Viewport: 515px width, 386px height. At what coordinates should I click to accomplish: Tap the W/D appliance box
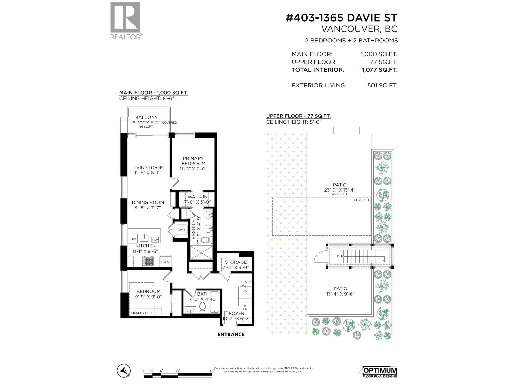click(x=182, y=230)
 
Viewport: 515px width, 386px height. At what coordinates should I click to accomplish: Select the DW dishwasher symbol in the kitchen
click(x=133, y=239)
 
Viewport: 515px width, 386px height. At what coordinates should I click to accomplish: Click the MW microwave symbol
click(x=155, y=240)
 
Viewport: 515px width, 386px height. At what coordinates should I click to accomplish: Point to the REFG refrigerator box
click(x=165, y=262)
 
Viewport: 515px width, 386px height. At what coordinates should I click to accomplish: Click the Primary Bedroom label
click(x=193, y=161)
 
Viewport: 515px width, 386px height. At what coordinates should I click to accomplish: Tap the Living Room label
click(x=148, y=168)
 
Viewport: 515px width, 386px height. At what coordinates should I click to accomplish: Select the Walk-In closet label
click(x=197, y=197)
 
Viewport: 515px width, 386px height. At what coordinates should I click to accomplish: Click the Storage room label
click(x=236, y=262)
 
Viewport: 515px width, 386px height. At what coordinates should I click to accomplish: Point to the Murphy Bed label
click(x=141, y=313)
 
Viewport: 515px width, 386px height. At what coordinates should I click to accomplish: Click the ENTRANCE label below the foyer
click(x=231, y=335)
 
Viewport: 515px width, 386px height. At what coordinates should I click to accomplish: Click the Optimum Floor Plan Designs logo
click(x=380, y=372)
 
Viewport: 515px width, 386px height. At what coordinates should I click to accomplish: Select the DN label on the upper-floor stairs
click(x=339, y=256)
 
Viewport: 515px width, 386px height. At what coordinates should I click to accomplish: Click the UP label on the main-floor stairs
click(x=245, y=309)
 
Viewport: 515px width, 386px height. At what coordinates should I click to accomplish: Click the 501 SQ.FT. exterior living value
click(x=382, y=86)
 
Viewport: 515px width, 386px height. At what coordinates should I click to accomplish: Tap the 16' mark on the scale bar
click(x=212, y=371)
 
